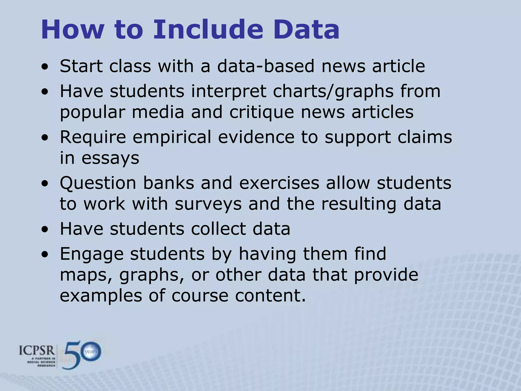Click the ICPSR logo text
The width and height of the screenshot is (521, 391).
[37, 351]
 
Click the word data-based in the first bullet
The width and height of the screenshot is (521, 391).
[266, 66]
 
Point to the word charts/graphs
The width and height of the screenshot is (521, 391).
[333, 91]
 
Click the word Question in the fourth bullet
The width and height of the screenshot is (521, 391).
[98, 183]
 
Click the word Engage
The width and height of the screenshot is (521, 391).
[92, 254]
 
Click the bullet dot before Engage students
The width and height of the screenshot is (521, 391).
[45, 255]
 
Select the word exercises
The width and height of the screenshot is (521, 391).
[279, 183]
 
